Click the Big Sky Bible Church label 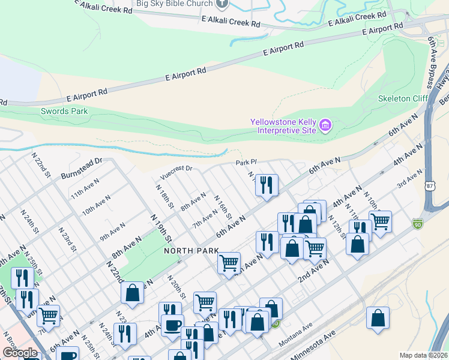point(175,4)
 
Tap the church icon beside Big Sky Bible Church point(222,4)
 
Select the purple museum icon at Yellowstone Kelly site point(325,125)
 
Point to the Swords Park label point(64,111)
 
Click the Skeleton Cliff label point(403,98)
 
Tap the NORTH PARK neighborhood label point(188,251)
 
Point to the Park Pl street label point(246,163)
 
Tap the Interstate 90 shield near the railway point(418,224)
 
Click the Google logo point(20,353)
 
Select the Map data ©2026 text point(423,355)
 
